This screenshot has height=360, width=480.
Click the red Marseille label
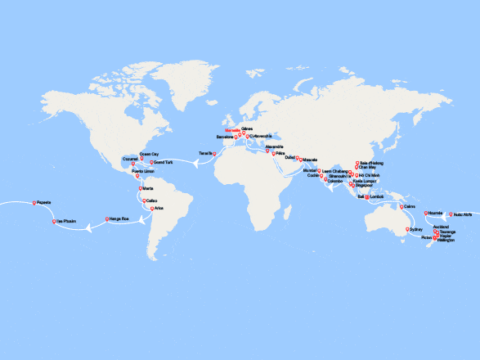[x=233, y=128]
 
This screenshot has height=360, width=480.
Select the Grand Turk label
[x=162, y=163]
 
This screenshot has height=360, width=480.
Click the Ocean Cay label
[x=150, y=152]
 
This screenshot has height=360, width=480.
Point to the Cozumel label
[x=130, y=159]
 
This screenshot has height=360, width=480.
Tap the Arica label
[x=159, y=209]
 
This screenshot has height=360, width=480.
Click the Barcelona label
[x=225, y=137]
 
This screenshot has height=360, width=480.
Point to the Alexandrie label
[x=274, y=146]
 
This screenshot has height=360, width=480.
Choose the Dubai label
[x=290, y=157]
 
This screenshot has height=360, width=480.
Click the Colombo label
[x=335, y=181]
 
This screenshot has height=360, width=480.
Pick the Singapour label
[x=364, y=186]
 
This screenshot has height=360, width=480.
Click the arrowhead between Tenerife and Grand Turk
[x=195, y=163]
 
